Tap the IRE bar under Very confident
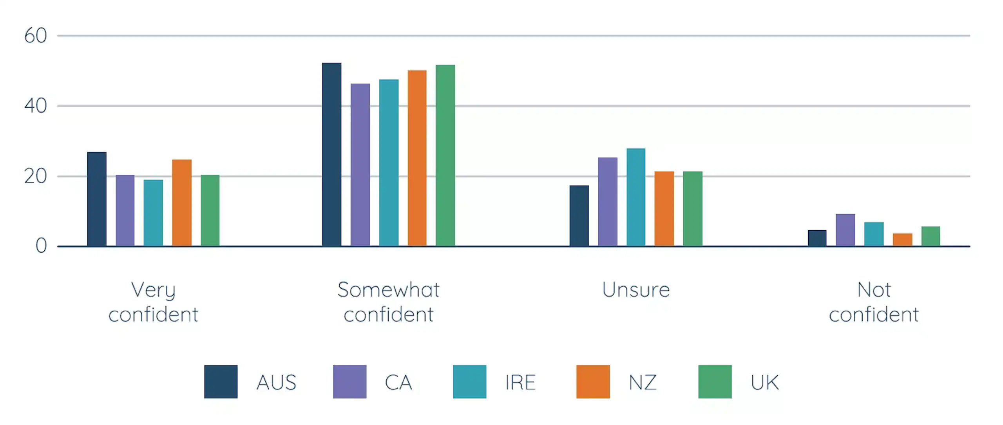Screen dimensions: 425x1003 [153, 213]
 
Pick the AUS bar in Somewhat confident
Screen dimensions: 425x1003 [332, 154]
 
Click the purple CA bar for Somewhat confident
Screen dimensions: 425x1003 [360, 165]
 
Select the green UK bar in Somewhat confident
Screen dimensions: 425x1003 [445, 156]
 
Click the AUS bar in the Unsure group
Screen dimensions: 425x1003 [579, 216]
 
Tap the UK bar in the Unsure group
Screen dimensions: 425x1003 [693, 209]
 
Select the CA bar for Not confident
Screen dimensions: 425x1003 [845, 230]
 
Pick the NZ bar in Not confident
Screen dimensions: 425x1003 [903, 240]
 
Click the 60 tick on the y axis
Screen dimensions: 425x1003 [36, 36]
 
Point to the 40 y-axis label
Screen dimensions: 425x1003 [36, 106]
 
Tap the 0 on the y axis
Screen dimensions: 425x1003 [41, 246]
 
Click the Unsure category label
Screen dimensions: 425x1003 [636, 290]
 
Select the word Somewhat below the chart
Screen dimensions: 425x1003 [388, 290]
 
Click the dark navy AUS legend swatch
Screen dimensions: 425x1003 [221, 382]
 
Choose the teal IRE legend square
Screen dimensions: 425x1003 [470, 382]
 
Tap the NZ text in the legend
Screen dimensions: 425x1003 [643, 383]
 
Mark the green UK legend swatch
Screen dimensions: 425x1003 [715, 382]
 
